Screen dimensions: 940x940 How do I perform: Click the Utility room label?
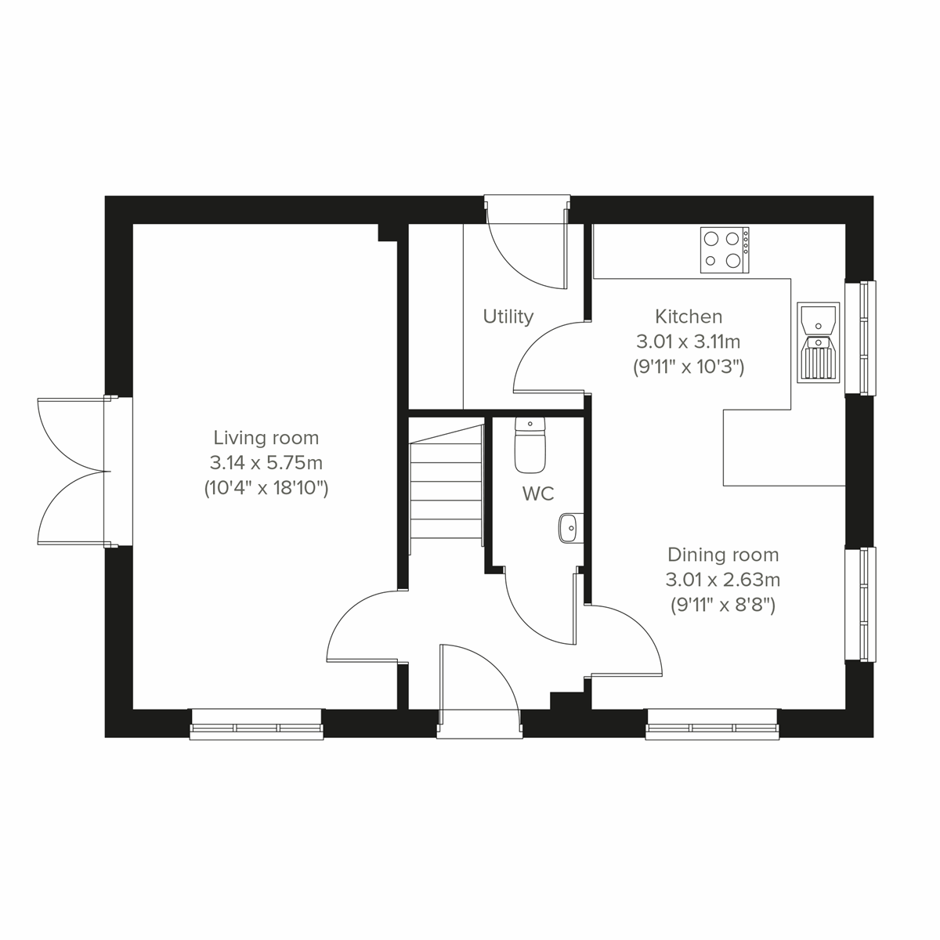[x=508, y=316]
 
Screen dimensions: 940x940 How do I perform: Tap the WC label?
[x=538, y=493]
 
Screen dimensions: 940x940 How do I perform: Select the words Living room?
[x=266, y=437]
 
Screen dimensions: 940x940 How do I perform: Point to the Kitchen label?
[x=689, y=316]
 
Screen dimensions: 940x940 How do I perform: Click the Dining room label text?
[x=723, y=555]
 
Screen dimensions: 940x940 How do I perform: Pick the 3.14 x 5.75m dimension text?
[x=266, y=463]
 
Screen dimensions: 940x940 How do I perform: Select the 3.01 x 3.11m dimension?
[x=689, y=342]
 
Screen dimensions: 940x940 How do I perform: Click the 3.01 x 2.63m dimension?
[x=723, y=580]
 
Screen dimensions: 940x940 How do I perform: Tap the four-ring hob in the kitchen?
[x=724, y=250]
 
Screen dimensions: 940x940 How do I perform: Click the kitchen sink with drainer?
[x=818, y=342]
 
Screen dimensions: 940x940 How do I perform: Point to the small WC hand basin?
[x=569, y=528]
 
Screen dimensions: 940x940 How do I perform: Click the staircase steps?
[x=445, y=482]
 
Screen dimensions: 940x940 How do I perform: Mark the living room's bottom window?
[x=256, y=724]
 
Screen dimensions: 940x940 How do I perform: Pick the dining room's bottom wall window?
[x=712, y=724]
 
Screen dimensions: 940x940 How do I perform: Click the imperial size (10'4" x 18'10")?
[x=266, y=489]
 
